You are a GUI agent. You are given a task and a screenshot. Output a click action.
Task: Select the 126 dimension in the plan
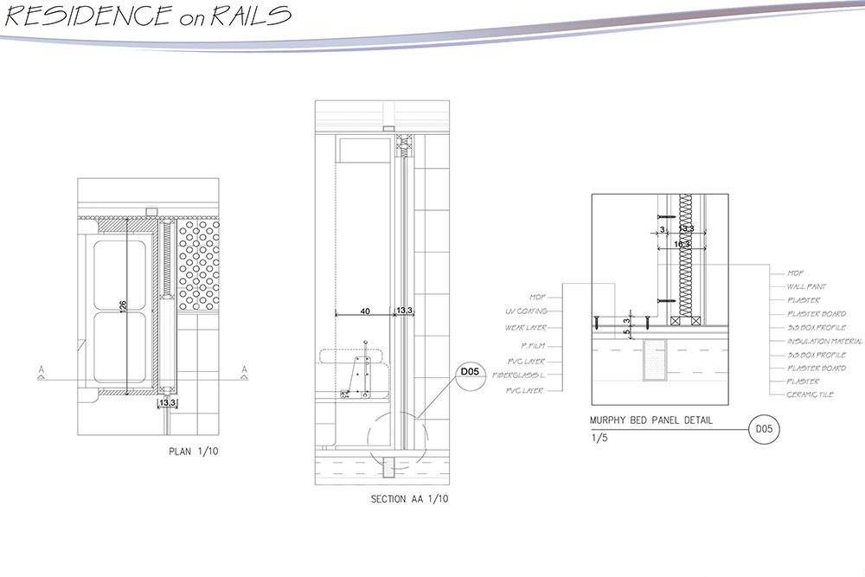[x=123, y=309]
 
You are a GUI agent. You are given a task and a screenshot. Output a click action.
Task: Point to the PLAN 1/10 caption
[x=195, y=452]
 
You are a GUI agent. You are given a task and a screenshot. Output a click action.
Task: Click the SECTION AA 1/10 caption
[x=409, y=499]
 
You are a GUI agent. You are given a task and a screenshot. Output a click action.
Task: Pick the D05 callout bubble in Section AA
[x=469, y=373]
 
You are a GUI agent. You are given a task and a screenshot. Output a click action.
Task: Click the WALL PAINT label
[x=806, y=286]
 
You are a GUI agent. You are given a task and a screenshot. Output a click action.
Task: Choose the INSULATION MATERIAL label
[x=824, y=342]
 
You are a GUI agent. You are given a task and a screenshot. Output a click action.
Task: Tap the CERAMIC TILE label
[x=811, y=396]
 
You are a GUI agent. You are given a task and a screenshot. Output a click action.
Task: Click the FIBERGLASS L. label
[x=522, y=375]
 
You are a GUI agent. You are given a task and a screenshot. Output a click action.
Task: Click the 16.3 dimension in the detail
[x=682, y=245]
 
